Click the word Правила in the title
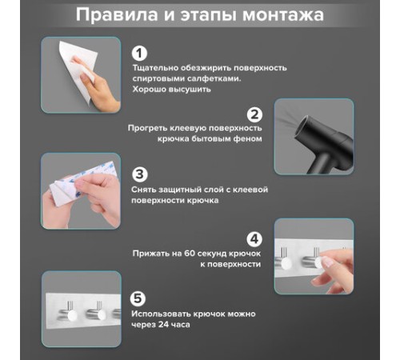click(x=117, y=14)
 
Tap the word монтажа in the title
click(x=283, y=15)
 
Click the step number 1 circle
click(x=139, y=54)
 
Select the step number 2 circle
click(x=254, y=114)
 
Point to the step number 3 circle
click(x=140, y=174)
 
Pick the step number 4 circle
click(x=254, y=239)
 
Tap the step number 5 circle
click(x=138, y=298)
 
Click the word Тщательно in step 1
click(x=155, y=68)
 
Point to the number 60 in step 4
click(x=190, y=253)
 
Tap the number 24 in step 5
click(x=164, y=325)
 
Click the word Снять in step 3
click(x=143, y=190)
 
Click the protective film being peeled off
click(x=82, y=182)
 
